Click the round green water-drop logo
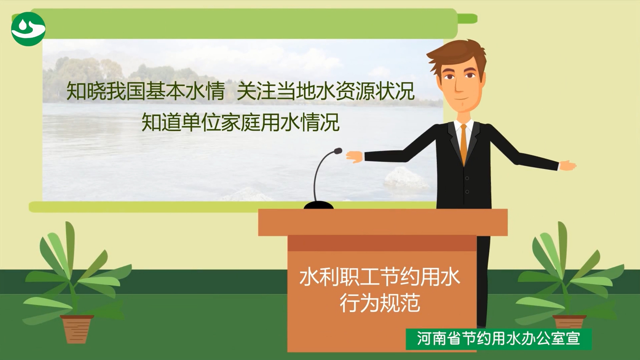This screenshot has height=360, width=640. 28,29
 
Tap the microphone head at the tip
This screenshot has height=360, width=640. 338,151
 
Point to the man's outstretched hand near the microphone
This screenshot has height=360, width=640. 354,157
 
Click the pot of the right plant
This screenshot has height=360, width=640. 569,322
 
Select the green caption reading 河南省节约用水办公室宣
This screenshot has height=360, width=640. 498,339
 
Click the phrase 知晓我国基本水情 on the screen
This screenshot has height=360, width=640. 146,91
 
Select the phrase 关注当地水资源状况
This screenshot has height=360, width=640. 326,91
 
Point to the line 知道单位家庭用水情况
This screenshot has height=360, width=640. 240,122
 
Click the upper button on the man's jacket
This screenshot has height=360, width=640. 467,178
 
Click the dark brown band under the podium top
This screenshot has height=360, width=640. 382,243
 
